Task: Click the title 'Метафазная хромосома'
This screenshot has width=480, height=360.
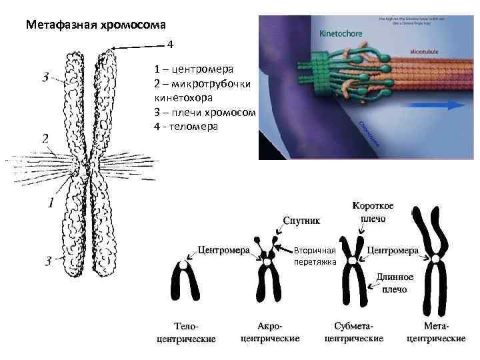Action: (96, 26)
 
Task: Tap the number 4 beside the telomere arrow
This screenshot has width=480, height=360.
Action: (170, 44)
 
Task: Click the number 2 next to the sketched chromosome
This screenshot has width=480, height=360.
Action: (45, 138)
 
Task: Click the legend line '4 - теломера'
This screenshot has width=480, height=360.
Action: (185, 126)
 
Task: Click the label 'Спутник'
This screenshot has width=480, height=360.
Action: (303, 218)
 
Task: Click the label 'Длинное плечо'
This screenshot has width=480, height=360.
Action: (395, 283)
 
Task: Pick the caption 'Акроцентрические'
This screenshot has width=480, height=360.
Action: (269, 332)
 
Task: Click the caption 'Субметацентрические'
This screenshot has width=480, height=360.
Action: (353, 332)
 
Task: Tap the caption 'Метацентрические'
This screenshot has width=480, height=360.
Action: (436, 332)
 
